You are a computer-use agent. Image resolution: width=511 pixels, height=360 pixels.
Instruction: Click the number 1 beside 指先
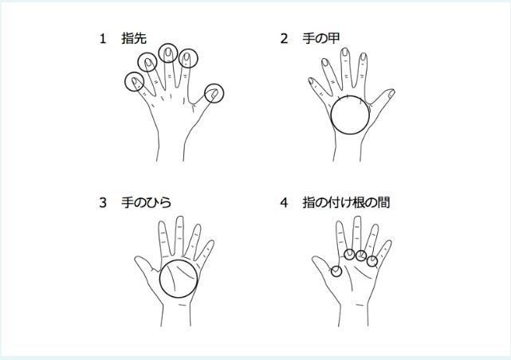[103, 39]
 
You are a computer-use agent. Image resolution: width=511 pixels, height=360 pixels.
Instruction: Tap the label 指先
[134, 38]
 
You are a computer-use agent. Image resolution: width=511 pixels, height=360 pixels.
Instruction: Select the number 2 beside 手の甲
[284, 39]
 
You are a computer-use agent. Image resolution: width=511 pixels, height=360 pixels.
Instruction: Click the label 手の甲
[321, 38]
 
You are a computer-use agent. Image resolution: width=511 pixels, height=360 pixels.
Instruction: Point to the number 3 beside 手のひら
[103, 203]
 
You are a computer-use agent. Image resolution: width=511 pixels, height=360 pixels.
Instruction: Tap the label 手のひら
[147, 202]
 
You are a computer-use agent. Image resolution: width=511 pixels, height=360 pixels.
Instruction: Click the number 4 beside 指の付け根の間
[284, 203]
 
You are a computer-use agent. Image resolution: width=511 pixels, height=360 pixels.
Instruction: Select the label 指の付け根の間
[346, 202]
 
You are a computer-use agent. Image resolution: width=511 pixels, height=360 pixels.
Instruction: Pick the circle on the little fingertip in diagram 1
[125, 81]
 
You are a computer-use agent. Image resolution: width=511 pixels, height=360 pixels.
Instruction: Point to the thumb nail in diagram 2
[391, 94]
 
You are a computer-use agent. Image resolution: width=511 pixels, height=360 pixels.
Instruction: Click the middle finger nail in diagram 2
[345, 52]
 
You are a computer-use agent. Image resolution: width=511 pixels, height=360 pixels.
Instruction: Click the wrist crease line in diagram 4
[360, 305]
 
